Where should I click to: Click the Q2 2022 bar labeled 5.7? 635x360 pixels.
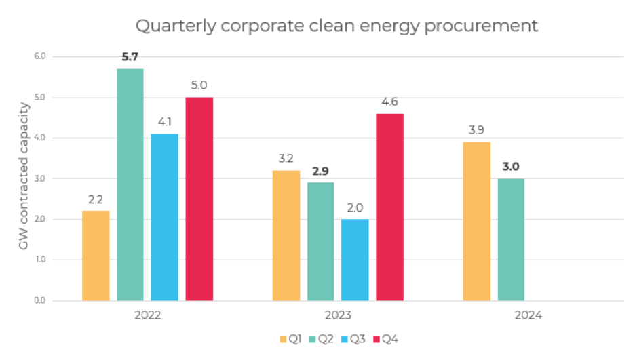coord(130,184)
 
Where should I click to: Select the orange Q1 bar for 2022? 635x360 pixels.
coord(96,256)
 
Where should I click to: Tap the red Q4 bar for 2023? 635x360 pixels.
coord(389,207)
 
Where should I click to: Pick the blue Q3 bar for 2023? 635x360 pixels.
coord(355,260)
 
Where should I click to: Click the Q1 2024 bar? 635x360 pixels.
coord(476,221)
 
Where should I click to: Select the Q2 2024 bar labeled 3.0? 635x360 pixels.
coord(511,239)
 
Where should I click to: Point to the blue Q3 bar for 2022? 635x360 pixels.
coord(164,217)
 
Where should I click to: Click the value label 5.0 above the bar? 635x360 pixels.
coord(199,85)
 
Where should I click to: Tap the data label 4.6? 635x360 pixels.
coord(389,102)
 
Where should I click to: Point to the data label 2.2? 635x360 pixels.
coord(96,199)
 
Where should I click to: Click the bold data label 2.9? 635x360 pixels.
coord(320,171)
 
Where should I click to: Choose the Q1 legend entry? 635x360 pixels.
coord(290,338)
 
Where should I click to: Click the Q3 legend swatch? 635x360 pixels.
coord(346,338)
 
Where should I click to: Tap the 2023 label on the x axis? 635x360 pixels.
coord(337,315)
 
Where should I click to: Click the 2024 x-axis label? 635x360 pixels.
coord(528,315)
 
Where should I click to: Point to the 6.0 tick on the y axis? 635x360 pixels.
coord(39,56)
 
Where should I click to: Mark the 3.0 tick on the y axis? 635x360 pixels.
coord(39,178)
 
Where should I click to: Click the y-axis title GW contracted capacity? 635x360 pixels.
coord(24,176)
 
